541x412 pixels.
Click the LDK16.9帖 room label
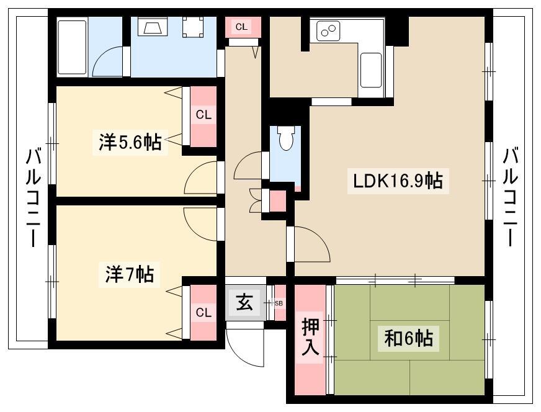[x=398, y=181]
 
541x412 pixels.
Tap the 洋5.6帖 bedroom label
[x=130, y=141]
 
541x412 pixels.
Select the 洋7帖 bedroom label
[x=130, y=274]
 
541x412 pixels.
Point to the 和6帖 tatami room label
[x=408, y=338]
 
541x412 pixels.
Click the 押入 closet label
[x=310, y=337]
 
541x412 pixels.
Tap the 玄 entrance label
[x=244, y=303]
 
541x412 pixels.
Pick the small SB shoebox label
[x=279, y=303]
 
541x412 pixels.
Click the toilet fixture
[x=285, y=138]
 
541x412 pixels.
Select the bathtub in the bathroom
[x=72, y=47]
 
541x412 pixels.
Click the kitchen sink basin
[x=371, y=70]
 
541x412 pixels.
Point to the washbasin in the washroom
[x=153, y=27]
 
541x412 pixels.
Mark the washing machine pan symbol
[x=192, y=27]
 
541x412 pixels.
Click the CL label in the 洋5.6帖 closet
[x=203, y=115]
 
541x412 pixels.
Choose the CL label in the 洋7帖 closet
[x=203, y=313]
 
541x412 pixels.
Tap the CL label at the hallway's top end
[x=241, y=27]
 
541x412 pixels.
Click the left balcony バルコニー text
[x=34, y=198]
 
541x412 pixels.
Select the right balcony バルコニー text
[x=510, y=197]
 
